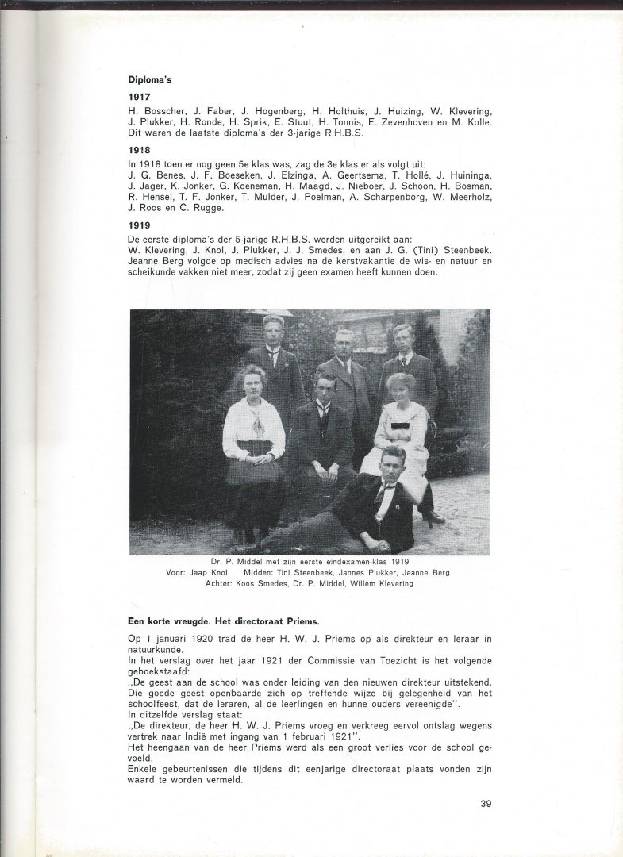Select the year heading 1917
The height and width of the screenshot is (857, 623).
coord(139,97)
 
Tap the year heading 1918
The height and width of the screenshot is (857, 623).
coord(139,148)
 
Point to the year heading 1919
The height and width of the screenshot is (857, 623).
coord(139,224)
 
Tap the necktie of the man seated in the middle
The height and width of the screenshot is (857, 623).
coord(321,412)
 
